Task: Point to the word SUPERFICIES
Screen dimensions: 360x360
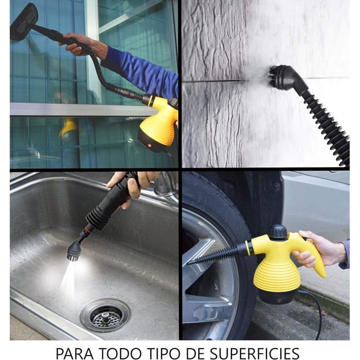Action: tap(255, 352)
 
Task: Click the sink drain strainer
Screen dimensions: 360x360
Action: tap(105, 316)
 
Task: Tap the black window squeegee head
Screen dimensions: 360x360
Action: tap(24, 22)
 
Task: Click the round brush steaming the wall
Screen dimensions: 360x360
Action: tap(279, 76)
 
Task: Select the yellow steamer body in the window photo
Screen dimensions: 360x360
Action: tap(158, 122)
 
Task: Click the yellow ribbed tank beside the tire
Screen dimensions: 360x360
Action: tap(277, 274)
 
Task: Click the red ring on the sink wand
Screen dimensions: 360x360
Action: tap(88, 229)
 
